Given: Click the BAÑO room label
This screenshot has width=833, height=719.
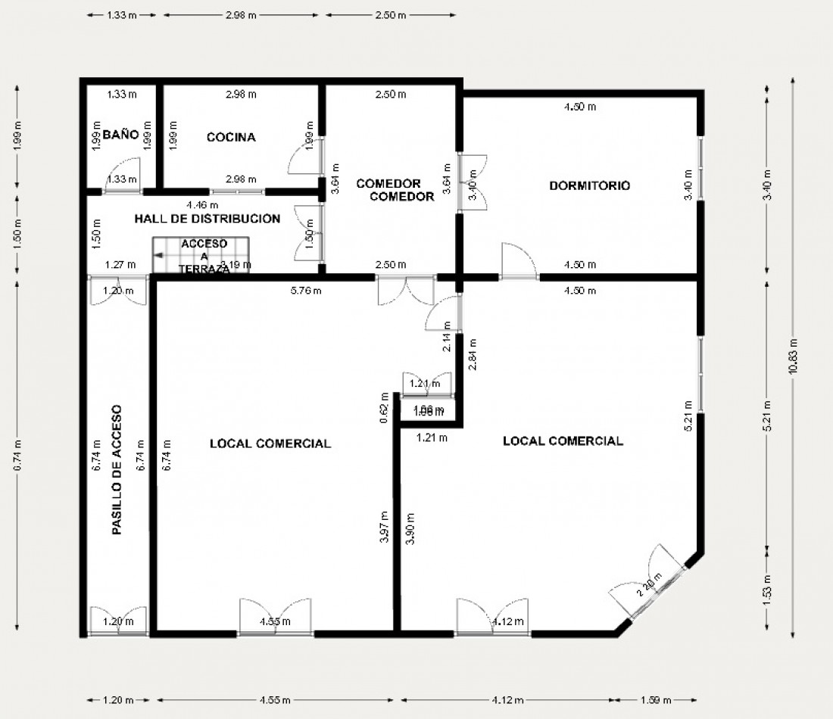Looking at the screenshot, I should (121, 135).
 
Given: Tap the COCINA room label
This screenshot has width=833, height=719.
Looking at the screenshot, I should (231, 137).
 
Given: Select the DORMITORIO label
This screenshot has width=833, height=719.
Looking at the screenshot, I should (590, 185).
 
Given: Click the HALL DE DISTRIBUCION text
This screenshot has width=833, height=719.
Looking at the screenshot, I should (207, 219).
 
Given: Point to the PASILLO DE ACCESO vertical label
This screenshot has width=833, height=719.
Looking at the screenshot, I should (117, 470).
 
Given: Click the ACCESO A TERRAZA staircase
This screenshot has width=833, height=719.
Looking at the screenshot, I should (201, 255).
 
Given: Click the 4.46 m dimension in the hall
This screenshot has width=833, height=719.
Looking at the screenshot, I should (203, 204).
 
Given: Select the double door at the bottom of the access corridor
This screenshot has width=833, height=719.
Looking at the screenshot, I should (118, 619).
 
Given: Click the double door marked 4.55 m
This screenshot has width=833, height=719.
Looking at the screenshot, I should (275, 617).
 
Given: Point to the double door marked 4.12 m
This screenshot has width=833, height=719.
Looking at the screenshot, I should (493, 617).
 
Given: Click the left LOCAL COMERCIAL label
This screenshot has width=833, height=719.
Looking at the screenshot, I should (270, 444).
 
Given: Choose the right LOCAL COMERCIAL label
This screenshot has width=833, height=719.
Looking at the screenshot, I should (563, 441).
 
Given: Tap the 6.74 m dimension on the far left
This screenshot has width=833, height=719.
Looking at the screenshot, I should (17, 456).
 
